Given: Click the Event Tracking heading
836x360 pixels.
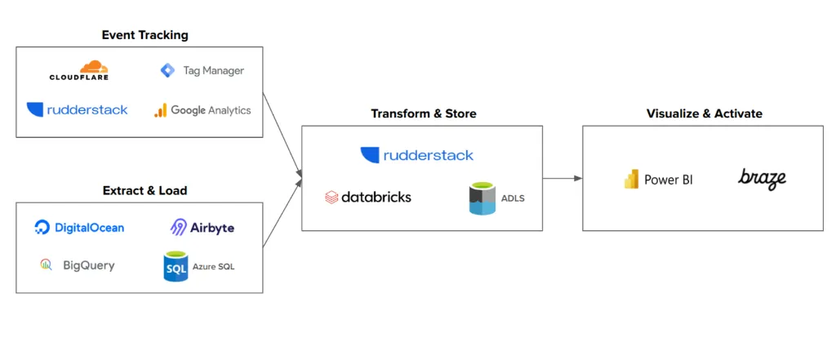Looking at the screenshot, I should coord(145,35).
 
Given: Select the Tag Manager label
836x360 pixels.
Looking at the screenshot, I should coord(213,71).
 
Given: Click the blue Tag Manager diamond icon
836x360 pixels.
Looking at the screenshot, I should coord(167,71).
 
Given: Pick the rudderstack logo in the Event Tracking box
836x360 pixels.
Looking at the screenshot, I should coord(77,109).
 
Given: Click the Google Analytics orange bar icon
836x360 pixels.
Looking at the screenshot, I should coord(160,110).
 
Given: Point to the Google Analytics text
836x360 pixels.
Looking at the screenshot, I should coord(211,110).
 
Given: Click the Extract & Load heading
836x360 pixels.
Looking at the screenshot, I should coord(145,190).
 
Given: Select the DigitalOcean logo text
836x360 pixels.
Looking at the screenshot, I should coord(89,228).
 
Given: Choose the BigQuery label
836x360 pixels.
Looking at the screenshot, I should coord(88,265).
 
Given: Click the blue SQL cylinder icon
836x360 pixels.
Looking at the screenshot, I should coord(176,266).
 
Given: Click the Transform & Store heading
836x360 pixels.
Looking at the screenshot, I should coord(423,113).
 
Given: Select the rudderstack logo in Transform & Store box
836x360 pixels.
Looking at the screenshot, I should coord(416,155).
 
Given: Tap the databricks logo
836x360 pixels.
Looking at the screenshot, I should coord(368,197).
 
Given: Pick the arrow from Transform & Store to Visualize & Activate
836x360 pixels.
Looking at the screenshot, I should coord(562,178).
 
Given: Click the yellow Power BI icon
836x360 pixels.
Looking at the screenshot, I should coord(631,180).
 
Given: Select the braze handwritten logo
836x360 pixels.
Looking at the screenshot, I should coord(762,178).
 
